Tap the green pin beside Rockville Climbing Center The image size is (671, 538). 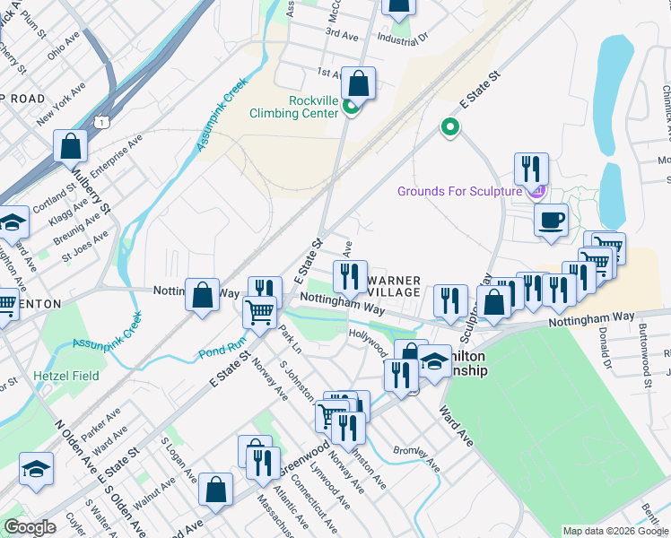click(351, 109)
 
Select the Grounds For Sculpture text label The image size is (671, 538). click(459, 191)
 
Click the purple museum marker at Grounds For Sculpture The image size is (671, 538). click(537, 190)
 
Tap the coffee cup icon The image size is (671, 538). click(551, 219)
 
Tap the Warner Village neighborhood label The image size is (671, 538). click(393, 287)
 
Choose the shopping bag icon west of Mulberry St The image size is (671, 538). click(70, 145)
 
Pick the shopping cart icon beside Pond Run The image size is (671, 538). click(260, 312)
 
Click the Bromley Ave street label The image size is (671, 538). click(417, 456)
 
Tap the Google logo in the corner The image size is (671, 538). click(30, 527)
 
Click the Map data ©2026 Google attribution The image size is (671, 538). click(615, 531)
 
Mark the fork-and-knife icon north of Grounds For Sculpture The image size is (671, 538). click(531, 168)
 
